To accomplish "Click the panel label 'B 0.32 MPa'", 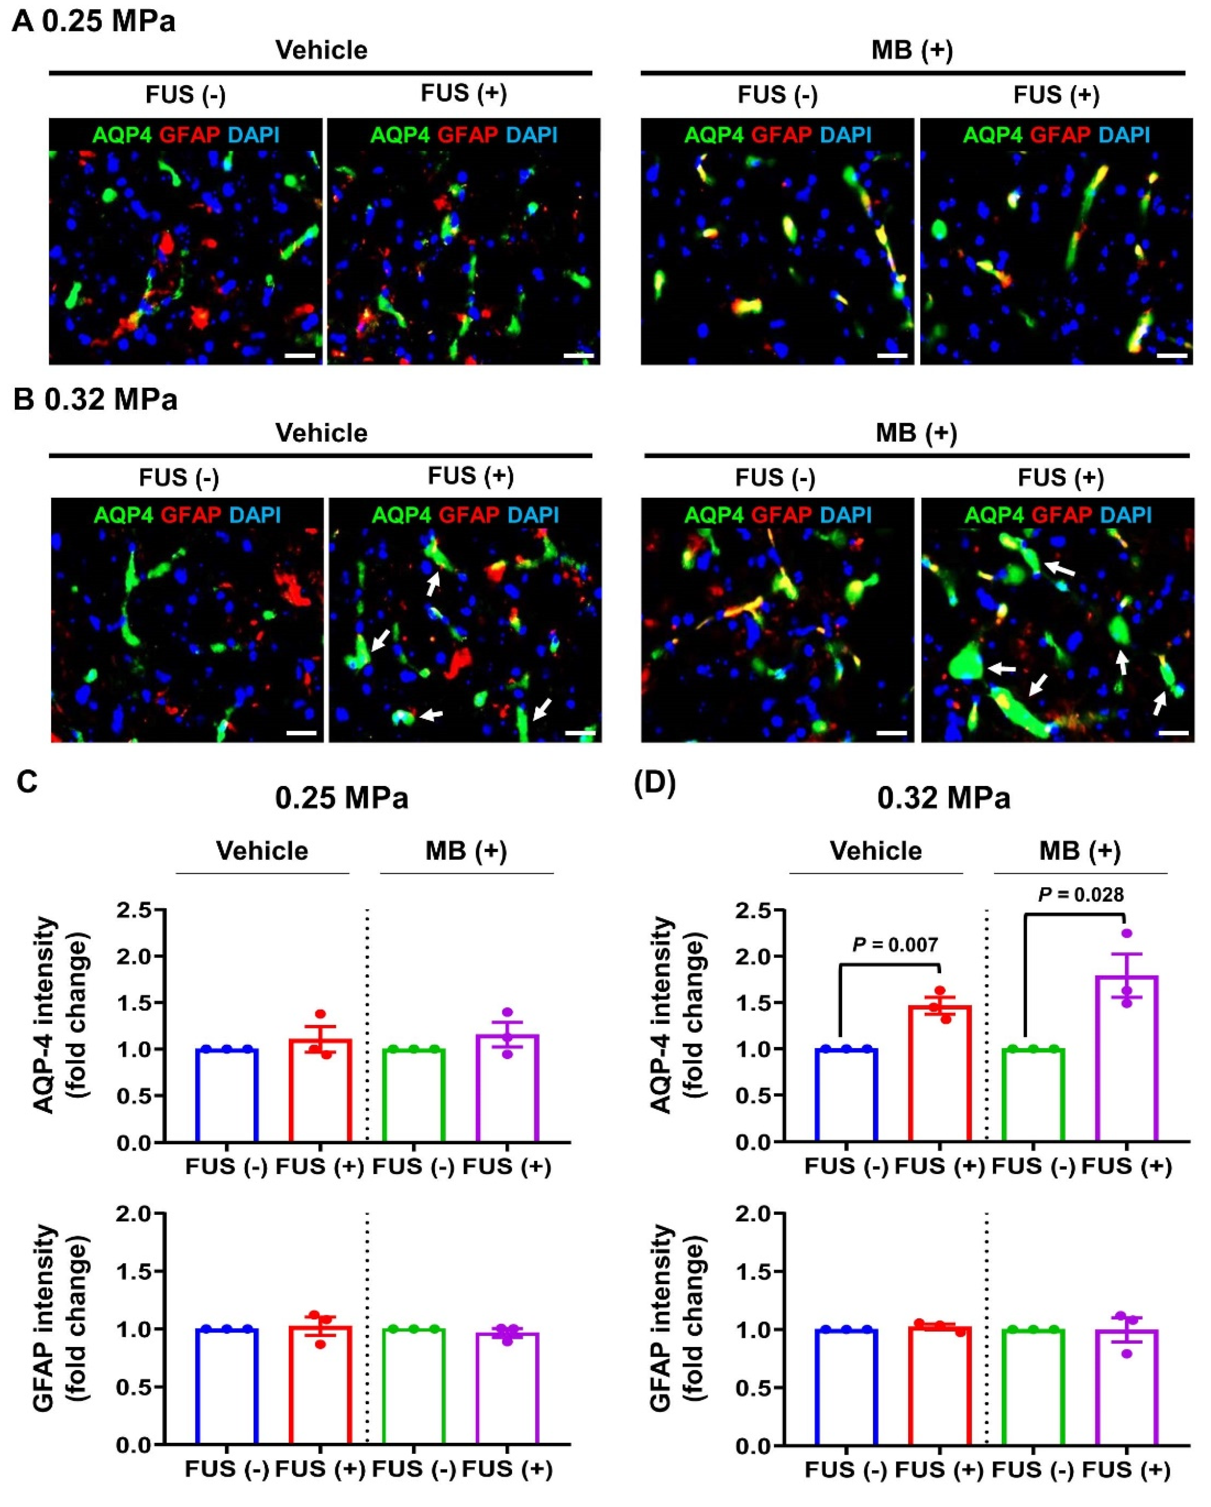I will [95, 400].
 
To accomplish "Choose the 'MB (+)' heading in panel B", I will [916, 433].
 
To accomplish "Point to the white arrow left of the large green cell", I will [1003, 669].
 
